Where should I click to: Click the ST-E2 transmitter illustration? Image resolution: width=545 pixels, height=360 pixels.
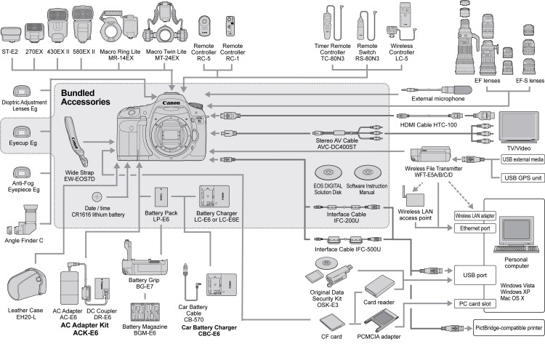(x=10, y=33)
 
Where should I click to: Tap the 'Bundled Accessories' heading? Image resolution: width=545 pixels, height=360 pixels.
(x=86, y=98)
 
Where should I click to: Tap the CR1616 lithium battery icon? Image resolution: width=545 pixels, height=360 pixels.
(x=96, y=196)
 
